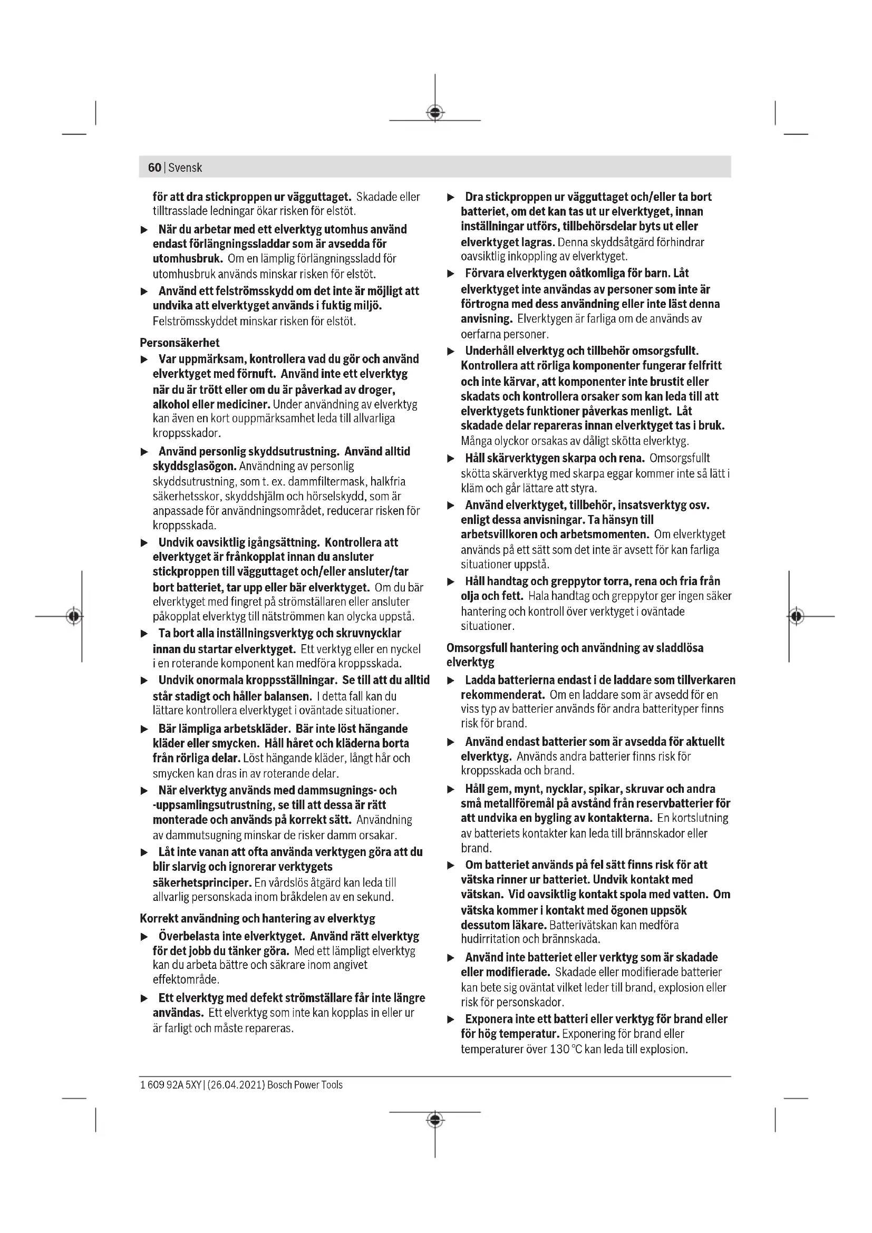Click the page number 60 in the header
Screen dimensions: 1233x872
tap(154, 168)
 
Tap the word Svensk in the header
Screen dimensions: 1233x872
tap(185, 168)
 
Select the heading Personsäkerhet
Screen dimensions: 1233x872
tap(179, 343)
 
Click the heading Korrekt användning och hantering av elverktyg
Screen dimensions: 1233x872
tap(257, 918)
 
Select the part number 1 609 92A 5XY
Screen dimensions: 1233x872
tap(170, 1085)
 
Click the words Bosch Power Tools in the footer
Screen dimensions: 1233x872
tap(305, 1085)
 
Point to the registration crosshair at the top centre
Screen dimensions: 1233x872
tap(435, 113)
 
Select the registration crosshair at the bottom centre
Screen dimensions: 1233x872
tap(435, 1120)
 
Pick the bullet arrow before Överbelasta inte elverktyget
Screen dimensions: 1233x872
tap(144, 937)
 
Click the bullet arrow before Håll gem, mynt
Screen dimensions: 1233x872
tap(451, 790)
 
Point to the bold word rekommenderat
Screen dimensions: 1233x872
tap(502, 694)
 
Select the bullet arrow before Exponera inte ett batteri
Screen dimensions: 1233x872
tap(451, 1020)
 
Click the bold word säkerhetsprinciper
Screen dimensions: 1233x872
tap(202, 882)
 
